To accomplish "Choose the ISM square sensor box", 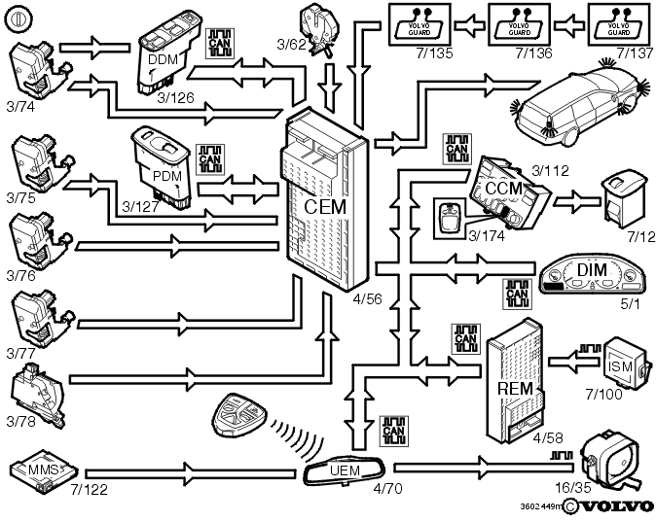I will pos(621,365).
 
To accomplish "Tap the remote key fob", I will pos(236,415).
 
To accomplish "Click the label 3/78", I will pos(20,421).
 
